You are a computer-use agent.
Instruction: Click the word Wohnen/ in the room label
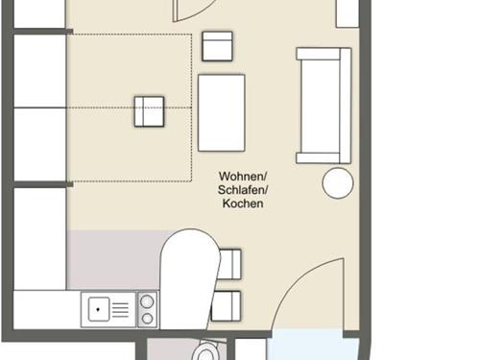tap(243, 177)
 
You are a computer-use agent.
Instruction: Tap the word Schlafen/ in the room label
tap(243, 190)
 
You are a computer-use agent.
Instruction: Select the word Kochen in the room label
tap(243, 204)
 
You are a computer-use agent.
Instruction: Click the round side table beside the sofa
tap(338, 183)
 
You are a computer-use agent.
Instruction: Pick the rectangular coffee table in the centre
tap(222, 112)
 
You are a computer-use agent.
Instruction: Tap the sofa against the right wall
tap(324, 106)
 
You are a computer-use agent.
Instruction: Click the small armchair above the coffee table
tap(217, 46)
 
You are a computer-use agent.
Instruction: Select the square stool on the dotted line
tap(149, 111)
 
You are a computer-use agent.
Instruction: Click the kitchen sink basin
tap(99, 309)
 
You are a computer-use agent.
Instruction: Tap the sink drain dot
tap(98, 309)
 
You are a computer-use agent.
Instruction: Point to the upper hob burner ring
tap(147, 301)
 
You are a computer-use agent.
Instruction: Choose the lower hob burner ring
tap(147, 319)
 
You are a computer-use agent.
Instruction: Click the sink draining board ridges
tap(120, 309)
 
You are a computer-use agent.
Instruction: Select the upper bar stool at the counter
tap(229, 264)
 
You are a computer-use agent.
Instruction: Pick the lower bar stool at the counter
tap(226, 306)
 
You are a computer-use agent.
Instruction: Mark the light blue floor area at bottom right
tap(313, 346)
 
